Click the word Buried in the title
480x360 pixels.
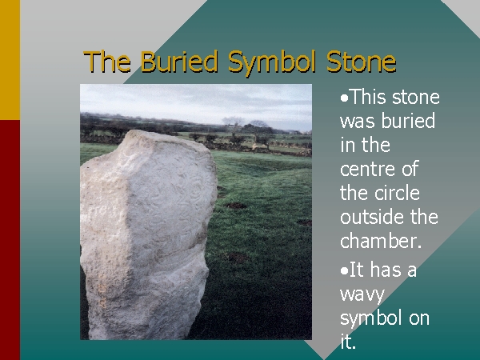[x=179, y=62]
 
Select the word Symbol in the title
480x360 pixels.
[x=273, y=62]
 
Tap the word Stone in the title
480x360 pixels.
[x=362, y=62]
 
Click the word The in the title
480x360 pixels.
[x=107, y=62]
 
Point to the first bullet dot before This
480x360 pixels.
[x=344, y=98]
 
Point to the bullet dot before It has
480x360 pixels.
[x=344, y=271]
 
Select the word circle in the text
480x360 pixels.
[x=398, y=193]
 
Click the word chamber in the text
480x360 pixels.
[x=378, y=241]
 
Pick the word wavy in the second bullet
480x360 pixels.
[x=362, y=295]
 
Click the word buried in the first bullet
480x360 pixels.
[x=408, y=120]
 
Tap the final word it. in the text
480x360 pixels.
[x=348, y=341]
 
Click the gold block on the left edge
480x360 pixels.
[x=10, y=60]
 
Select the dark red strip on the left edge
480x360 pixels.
[x=10, y=240]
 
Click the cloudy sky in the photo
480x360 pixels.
[x=196, y=101]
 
